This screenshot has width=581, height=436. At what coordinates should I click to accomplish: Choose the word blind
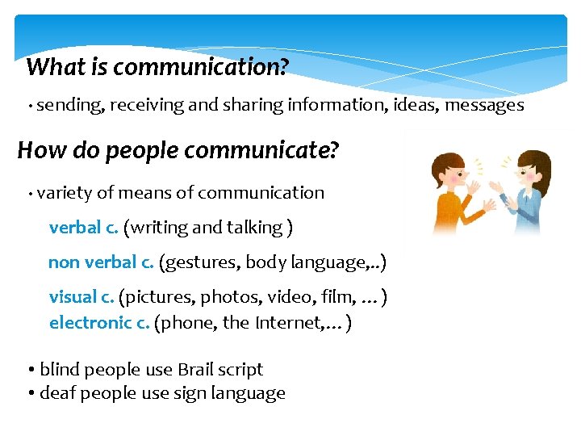point(60,370)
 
